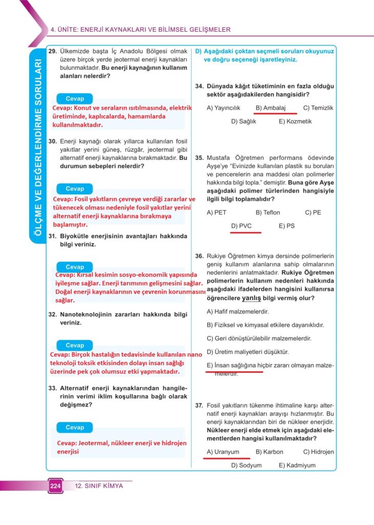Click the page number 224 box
pyautogui.click(x=55, y=486)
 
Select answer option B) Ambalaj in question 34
pyautogui.click(x=270, y=108)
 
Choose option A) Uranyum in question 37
pyautogui.click(x=223, y=452)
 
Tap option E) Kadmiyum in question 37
pyautogui.click(x=297, y=466)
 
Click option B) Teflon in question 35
pyautogui.click(x=267, y=212)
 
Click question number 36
pyautogui.click(x=200, y=255)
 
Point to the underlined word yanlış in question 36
pyautogui.click(x=252, y=298)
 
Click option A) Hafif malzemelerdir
pyautogui.click(x=238, y=311)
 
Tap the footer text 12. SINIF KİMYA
pyautogui.click(x=99, y=486)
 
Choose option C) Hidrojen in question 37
pyautogui.click(x=318, y=452)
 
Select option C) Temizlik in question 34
pyautogui.click(x=318, y=108)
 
